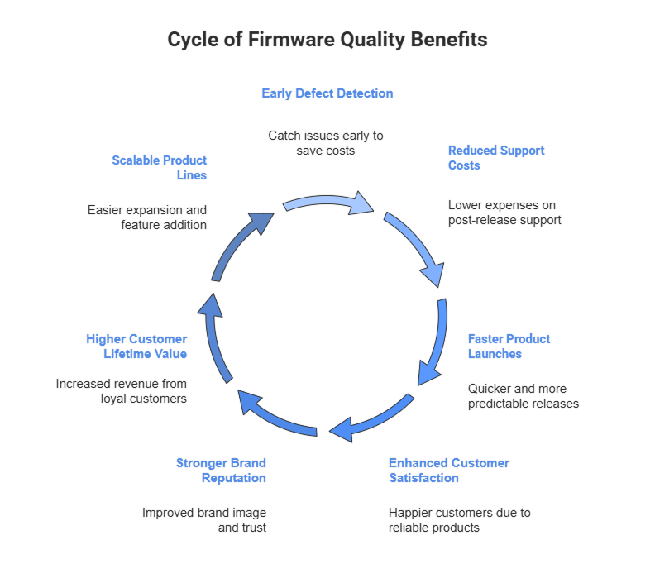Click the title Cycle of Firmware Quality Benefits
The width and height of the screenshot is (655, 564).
click(x=327, y=40)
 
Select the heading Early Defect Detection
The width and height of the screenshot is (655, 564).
click(x=327, y=93)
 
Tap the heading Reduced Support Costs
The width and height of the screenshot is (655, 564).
click(x=496, y=158)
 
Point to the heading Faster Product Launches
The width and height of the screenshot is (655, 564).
click(x=509, y=347)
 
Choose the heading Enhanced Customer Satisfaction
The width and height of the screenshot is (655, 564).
click(x=449, y=471)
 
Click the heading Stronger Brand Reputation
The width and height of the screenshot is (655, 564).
click(x=221, y=471)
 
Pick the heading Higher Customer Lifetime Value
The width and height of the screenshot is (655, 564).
click(x=136, y=347)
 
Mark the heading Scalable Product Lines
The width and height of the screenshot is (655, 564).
click(x=160, y=168)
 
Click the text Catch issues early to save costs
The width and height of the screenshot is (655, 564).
click(x=326, y=143)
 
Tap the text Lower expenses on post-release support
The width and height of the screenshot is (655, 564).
click(x=504, y=213)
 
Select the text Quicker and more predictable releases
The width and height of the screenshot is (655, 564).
click(x=523, y=396)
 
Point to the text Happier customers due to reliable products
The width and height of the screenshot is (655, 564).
click(x=460, y=520)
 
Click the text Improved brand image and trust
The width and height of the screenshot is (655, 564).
click(x=204, y=520)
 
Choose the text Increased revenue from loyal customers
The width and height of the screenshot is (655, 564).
click(x=122, y=391)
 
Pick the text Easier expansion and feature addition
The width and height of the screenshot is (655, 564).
click(x=147, y=217)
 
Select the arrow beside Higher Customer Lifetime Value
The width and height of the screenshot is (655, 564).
click(x=214, y=339)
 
